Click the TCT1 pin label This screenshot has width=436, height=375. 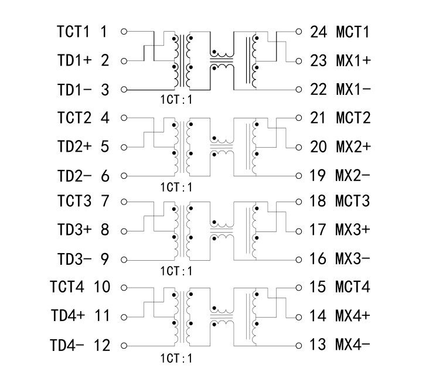click(74, 32)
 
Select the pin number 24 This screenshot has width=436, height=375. click(318, 32)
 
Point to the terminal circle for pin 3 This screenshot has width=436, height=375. click(124, 90)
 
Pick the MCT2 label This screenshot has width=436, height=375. click(353, 118)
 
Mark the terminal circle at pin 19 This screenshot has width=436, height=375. click(299, 175)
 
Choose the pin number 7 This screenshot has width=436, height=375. click(105, 202)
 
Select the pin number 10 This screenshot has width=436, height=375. click(101, 287)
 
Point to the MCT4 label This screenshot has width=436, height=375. click(353, 287)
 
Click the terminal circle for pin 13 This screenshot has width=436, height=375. click(299, 344)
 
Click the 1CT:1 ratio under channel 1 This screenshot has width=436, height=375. click(176, 100)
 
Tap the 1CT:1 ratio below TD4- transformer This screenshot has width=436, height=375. click(176, 357)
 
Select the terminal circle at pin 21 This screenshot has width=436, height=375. click(299, 118)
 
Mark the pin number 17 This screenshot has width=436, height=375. click(318, 230)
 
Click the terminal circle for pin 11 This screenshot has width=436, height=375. click(124, 316)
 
